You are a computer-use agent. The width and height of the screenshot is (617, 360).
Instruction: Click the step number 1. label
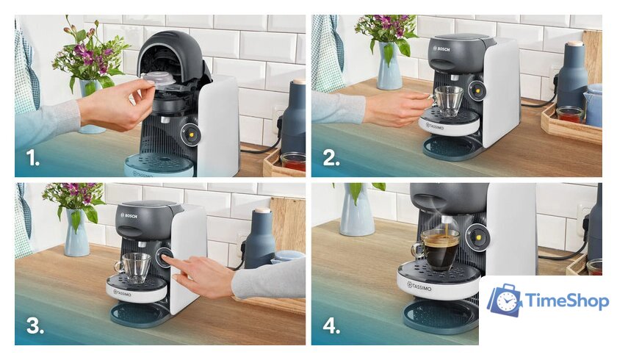click(x=33, y=158)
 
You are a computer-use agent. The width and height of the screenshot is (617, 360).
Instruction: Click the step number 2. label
click(x=331, y=158)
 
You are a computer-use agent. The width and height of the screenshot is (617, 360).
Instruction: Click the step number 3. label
click(x=35, y=326)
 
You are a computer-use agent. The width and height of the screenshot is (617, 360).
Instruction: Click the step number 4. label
click(x=331, y=326)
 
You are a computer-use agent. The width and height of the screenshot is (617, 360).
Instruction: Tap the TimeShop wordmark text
click(x=566, y=301)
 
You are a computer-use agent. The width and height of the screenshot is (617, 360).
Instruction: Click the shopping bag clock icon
click(x=505, y=300)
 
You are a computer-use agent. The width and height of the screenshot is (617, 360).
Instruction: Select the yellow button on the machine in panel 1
click(x=191, y=134)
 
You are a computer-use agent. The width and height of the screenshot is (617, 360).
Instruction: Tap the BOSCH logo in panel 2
click(x=441, y=49)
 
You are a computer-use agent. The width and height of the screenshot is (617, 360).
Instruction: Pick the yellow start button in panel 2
click(x=477, y=91)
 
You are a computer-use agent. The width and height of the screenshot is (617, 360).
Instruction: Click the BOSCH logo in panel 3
click(x=129, y=215)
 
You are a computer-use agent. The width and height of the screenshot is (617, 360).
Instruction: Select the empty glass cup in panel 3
click(x=133, y=268)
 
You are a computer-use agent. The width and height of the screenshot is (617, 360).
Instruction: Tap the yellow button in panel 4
click(x=478, y=237)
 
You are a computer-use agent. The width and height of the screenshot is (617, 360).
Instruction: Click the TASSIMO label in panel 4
click(x=419, y=287)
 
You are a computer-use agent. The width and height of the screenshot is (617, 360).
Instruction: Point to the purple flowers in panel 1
click(x=90, y=55)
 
